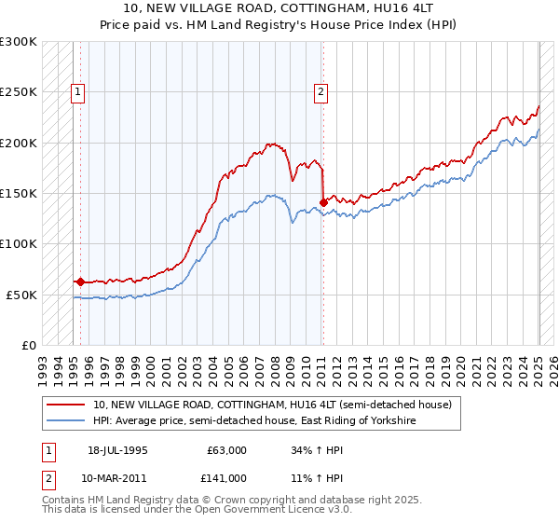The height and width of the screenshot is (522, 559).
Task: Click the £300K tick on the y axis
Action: point(19,42)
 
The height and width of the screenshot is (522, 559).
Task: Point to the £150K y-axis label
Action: point(19,193)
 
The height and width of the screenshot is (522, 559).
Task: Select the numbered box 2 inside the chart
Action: point(320,91)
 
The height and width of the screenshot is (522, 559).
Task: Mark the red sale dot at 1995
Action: point(80,281)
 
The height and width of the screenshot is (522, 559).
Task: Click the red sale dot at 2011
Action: point(323,201)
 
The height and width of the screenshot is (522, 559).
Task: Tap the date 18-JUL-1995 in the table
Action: point(117,450)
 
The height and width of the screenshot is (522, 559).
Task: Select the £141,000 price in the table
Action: point(227,478)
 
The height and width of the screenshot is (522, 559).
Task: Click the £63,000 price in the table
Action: point(227,450)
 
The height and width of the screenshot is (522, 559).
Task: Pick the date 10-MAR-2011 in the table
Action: point(117,478)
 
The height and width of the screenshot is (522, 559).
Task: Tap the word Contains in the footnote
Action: point(65,501)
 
